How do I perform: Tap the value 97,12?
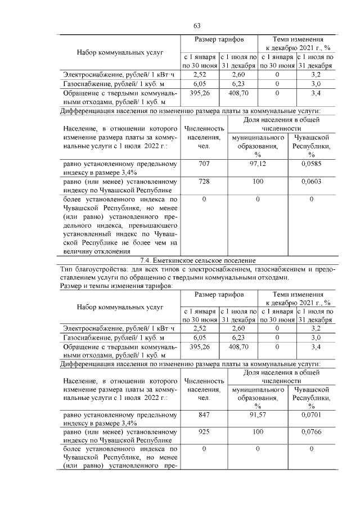[258, 164]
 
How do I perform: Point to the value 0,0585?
[311, 164]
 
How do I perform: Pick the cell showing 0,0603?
[311, 182]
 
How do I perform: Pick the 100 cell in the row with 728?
[258, 182]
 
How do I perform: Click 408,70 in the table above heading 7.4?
[238, 92]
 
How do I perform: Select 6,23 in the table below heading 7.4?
[238, 337]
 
